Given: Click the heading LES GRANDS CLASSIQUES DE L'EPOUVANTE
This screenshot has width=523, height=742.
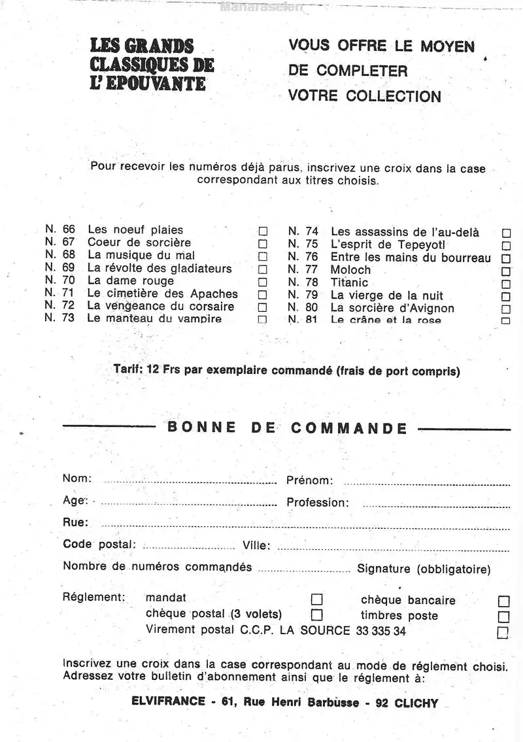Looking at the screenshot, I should click(x=152, y=65).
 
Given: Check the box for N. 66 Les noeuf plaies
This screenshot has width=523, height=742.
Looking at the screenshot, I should click(x=263, y=231).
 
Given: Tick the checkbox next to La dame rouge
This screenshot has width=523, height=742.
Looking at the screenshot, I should click(x=263, y=282).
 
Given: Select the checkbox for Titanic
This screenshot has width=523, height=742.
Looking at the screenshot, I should click(x=506, y=284).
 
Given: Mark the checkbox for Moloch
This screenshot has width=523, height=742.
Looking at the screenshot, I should click(x=506, y=271).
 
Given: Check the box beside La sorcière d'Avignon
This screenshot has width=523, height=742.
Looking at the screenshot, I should click(x=506, y=309).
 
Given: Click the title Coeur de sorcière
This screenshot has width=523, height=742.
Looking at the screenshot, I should click(x=139, y=243).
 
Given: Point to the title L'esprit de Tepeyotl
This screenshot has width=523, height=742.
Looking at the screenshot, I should click(x=388, y=245).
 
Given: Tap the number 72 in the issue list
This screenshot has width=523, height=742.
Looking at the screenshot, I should click(x=68, y=305).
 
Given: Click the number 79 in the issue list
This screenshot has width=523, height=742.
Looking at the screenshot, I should click(x=311, y=295).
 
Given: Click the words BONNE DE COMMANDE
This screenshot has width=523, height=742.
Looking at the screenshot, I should click(x=287, y=428).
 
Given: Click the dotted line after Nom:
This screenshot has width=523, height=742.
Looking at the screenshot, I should click(x=190, y=482).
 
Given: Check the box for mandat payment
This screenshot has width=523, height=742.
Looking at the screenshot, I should click(x=316, y=599).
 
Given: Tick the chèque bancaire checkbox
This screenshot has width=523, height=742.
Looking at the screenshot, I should click(x=503, y=601).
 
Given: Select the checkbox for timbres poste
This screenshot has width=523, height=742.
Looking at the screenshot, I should click(x=503, y=616).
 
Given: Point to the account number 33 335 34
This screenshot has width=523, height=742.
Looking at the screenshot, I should click(x=381, y=632).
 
